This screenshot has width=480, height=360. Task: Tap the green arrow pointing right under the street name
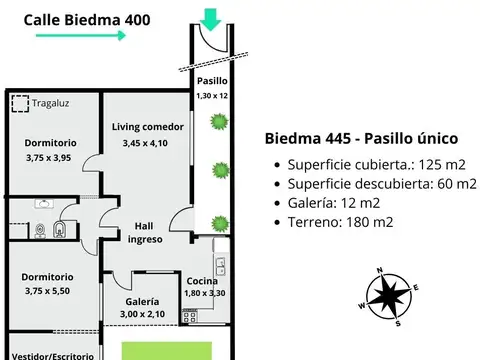(x=80, y=35)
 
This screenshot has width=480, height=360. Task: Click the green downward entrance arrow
(x=211, y=18)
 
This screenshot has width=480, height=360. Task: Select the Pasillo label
(x=211, y=81)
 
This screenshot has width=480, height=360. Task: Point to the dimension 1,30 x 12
(x=211, y=95)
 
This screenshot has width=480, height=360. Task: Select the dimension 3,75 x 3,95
(x=49, y=157)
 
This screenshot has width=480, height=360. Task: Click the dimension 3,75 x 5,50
(x=49, y=291)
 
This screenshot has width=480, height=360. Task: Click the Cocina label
(x=203, y=281)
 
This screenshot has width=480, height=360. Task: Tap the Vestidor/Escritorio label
(x=49, y=354)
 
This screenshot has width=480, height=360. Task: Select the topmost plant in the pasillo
(x=215, y=122)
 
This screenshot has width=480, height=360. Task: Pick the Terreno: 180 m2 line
(x=338, y=225)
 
